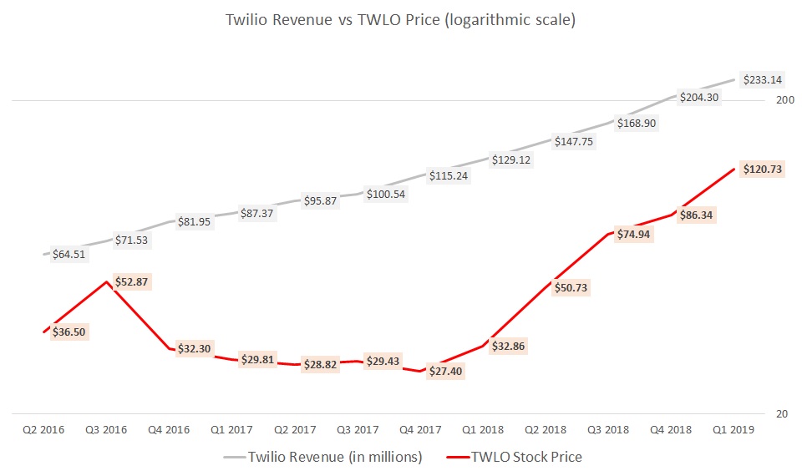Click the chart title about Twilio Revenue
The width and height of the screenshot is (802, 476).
(400, 20)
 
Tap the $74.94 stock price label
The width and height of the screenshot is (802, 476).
(632, 234)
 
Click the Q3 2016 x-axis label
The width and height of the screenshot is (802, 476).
(106, 429)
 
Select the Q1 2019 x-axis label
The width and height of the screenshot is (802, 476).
(734, 429)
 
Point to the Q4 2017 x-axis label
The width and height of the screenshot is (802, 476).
(420, 429)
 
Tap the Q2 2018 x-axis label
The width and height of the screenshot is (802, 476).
(546, 429)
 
